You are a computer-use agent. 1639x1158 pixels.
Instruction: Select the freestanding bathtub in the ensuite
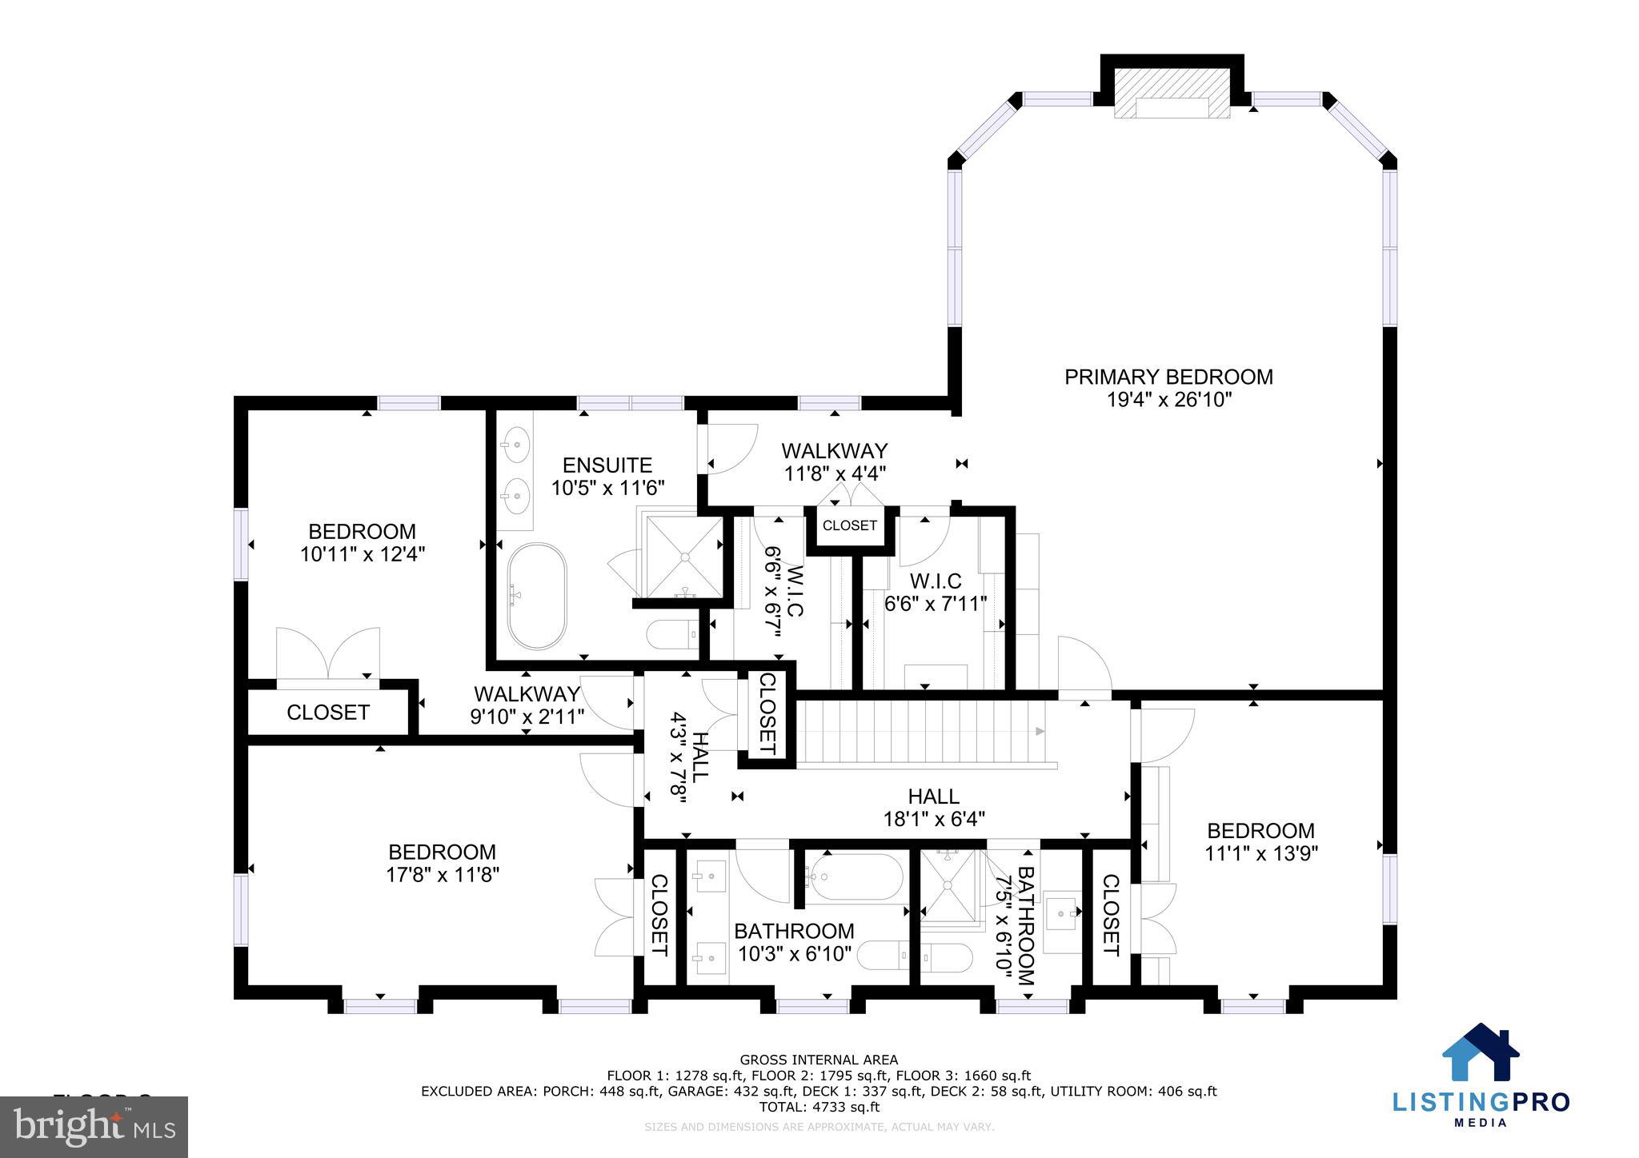537,597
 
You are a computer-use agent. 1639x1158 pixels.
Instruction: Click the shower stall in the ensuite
684,556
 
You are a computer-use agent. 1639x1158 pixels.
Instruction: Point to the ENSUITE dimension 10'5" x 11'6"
608,488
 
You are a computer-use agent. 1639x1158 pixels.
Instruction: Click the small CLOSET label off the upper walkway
850,525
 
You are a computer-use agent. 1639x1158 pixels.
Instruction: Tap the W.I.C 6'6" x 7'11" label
935,593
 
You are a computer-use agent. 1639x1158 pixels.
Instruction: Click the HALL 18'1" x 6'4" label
933,808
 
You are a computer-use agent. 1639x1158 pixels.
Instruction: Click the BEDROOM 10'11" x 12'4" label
362,543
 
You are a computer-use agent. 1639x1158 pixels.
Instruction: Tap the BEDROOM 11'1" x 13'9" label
1260,842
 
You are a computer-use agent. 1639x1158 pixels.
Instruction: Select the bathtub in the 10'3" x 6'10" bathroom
854,878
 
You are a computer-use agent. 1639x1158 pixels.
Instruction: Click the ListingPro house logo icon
1481,1053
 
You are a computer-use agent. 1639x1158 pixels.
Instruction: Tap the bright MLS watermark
94,1127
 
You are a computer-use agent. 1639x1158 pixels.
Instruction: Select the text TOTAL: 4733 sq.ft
819,1108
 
